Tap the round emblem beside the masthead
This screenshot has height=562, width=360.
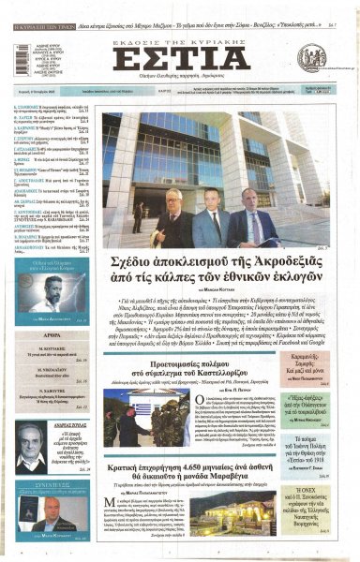pyautogui.click(x=311, y=57)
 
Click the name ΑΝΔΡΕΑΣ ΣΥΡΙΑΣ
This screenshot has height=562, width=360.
pyautogui.click(x=76, y=424)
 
